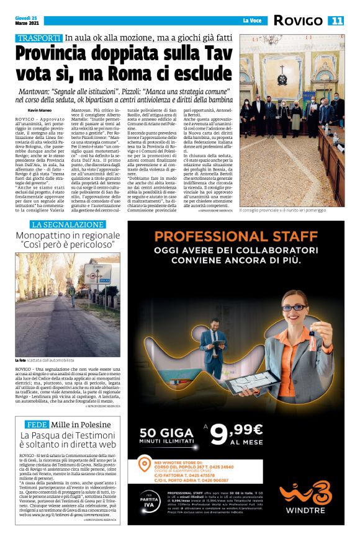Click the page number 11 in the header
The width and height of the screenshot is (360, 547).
pyautogui.click(x=336, y=20)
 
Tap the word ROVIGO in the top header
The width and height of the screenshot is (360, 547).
pyautogui.click(x=298, y=20)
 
